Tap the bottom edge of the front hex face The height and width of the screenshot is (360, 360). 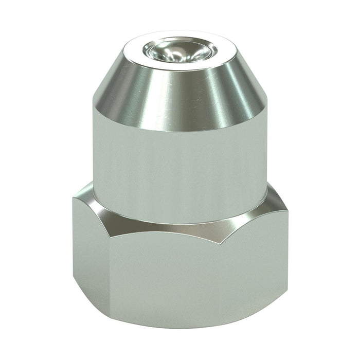click(x=170, y=325)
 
